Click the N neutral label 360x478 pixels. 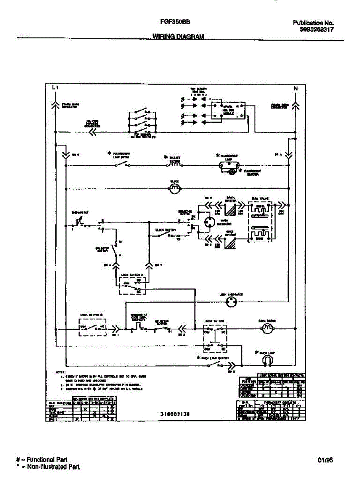[x=295, y=89]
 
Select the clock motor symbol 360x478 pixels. [x=175, y=190]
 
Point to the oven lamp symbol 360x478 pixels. [x=268, y=360]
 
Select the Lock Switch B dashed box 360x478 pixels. [x=92, y=328]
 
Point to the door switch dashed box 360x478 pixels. [x=215, y=338]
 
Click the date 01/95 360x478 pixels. [x=326, y=460]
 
